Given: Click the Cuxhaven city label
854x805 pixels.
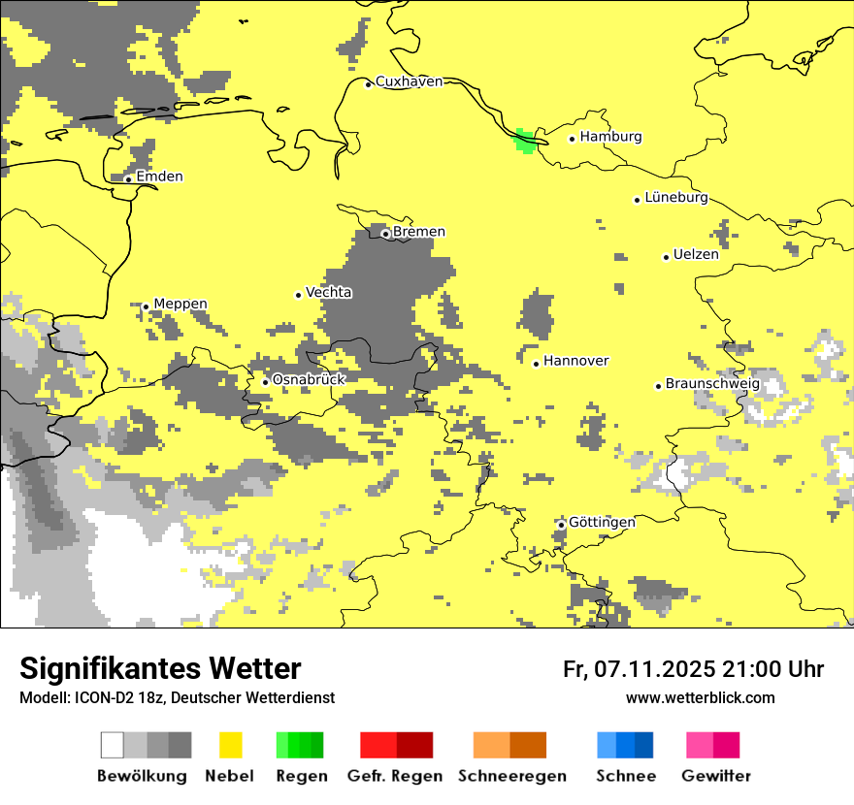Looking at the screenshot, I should pyautogui.click(x=409, y=81).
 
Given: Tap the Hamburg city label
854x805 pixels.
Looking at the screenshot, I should pyautogui.click(x=610, y=137).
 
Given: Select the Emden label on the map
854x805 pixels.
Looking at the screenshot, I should pyautogui.click(x=159, y=177).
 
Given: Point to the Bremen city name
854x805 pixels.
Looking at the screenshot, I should pyautogui.click(x=419, y=232).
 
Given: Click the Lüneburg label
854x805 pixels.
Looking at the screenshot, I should pyautogui.click(x=675, y=197).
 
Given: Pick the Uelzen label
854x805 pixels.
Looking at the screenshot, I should pyautogui.click(x=696, y=255).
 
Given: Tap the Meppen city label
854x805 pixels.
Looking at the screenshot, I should pyautogui.click(x=180, y=304).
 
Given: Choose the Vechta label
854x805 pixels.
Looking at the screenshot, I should pyautogui.click(x=329, y=292).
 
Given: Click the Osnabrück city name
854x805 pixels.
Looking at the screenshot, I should pyautogui.click(x=309, y=379).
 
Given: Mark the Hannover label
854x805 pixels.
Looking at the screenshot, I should pyautogui.click(x=575, y=361).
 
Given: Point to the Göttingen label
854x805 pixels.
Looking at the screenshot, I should pyautogui.click(x=602, y=522).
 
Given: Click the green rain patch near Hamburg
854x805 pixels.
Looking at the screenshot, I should pyautogui.click(x=525, y=141).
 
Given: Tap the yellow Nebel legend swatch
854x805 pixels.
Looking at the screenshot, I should pyautogui.click(x=231, y=745).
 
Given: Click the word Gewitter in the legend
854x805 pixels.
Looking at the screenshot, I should pyautogui.click(x=716, y=776).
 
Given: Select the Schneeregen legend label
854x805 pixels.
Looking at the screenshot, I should pyautogui.click(x=512, y=776).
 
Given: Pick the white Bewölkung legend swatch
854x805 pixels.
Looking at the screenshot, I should pyautogui.click(x=113, y=745).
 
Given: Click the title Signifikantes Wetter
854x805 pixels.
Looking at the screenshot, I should pyautogui.click(x=160, y=668).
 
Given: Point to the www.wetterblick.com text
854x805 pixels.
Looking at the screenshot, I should pyautogui.click(x=701, y=697).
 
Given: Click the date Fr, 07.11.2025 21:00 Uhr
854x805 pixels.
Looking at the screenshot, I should pyautogui.click(x=693, y=669).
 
